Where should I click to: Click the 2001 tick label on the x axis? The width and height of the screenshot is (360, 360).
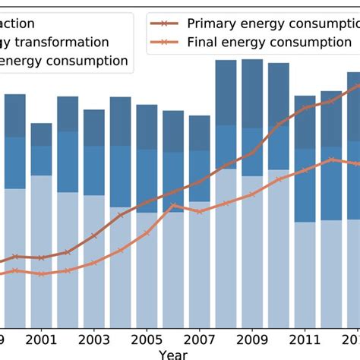[x=41, y=339]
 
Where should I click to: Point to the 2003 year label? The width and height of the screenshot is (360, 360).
[x=94, y=339]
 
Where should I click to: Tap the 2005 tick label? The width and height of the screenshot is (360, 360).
[x=147, y=339]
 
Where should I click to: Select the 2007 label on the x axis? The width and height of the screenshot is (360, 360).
[x=199, y=339]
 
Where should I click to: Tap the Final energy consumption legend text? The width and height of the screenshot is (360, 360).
[x=269, y=42]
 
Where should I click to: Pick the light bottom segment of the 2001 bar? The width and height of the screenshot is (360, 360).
[x=41, y=251]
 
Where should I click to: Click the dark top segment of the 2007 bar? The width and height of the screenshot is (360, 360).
[x=199, y=133]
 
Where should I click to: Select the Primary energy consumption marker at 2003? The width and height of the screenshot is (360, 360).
[x=94, y=236]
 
